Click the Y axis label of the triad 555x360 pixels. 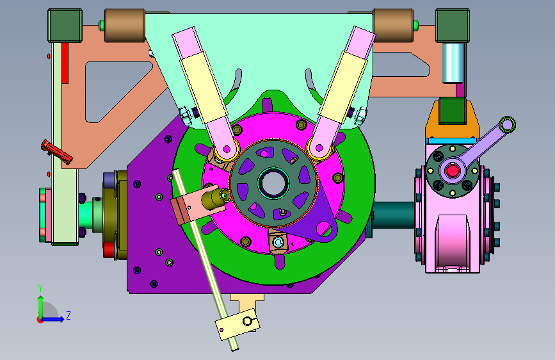tap(40, 288)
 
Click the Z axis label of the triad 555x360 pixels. tap(68, 315)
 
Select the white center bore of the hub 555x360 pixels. tap(273, 183)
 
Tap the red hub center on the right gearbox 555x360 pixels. tap(453, 171)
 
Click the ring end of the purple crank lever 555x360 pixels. tap(508, 125)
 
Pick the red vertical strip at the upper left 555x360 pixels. tap(65, 63)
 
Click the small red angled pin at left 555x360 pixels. tap(56, 152)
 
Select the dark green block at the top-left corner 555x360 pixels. tap(65, 26)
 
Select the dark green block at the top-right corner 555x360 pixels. tap(453, 26)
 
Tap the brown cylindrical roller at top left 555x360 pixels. tap(124, 26)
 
